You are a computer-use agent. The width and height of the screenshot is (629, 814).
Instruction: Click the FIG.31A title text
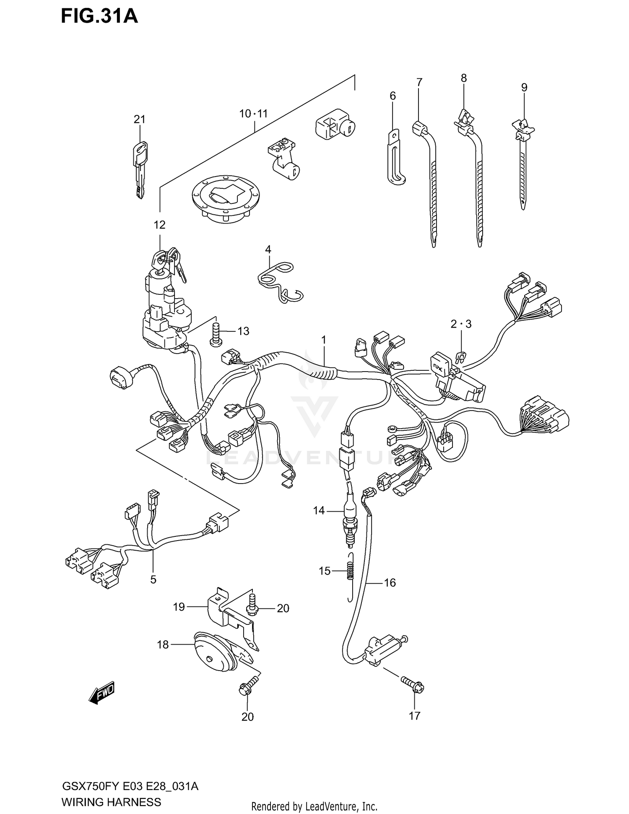coord(99,16)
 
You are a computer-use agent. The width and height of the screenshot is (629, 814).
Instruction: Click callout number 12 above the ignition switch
coord(159,225)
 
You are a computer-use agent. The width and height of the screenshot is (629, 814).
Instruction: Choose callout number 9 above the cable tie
coord(524,88)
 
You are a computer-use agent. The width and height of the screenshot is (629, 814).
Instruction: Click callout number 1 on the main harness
coord(324,339)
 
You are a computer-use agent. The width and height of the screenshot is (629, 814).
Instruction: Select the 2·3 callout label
coord(461,324)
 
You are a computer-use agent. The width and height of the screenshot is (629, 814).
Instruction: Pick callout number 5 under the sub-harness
coord(153,579)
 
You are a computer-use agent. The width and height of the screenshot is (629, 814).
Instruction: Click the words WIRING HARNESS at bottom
coord(111,802)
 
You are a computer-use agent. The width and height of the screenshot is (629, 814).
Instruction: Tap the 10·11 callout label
coord(253,114)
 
